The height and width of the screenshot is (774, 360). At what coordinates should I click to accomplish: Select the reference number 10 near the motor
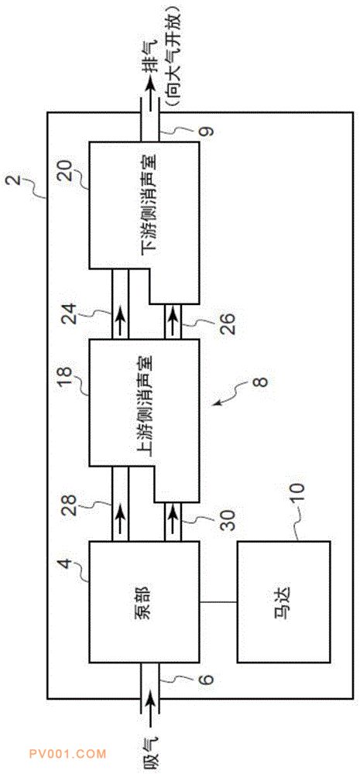tap(299, 494)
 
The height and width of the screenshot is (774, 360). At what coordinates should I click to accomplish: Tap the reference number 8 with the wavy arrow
tap(261, 381)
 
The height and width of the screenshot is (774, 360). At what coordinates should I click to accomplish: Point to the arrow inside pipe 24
tap(121, 314)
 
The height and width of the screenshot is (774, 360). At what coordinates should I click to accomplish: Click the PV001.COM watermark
tap(67, 754)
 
